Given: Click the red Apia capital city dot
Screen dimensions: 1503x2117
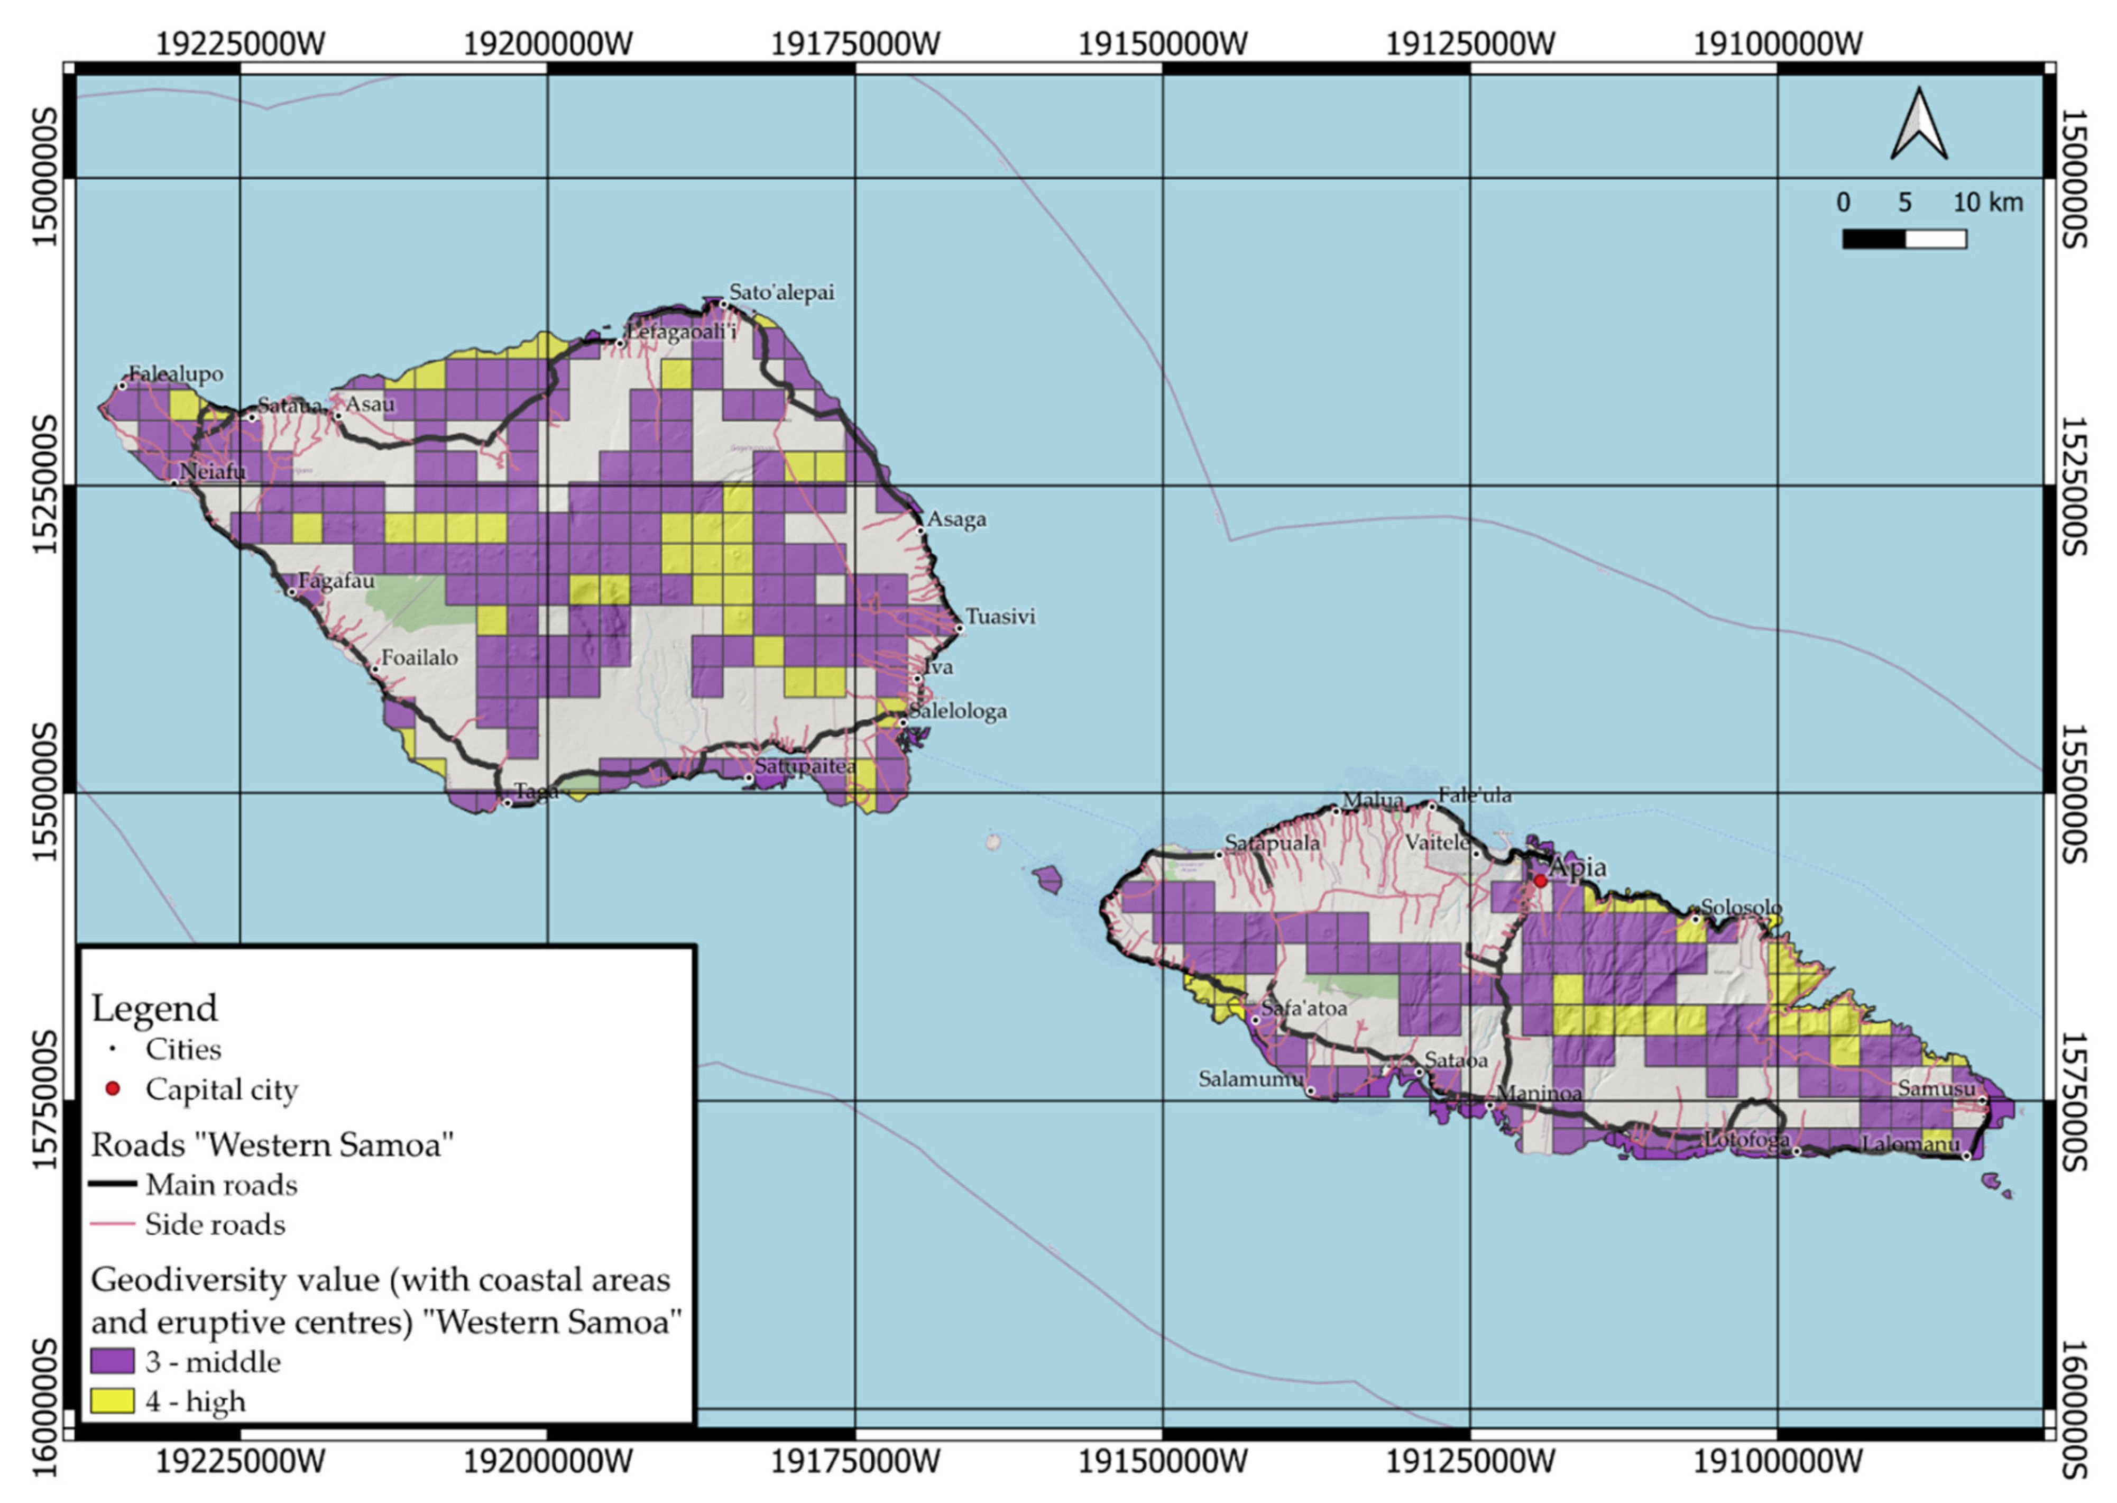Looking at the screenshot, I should click(x=1540, y=881).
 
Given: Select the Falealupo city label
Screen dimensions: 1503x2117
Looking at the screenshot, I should click(x=176, y=374).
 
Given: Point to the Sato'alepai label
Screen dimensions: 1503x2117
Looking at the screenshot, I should click(x=782, y=292).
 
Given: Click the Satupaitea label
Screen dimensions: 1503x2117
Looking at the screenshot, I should click(x=804, y=766).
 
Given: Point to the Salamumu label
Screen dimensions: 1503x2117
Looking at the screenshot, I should click(x=1251, y=1079).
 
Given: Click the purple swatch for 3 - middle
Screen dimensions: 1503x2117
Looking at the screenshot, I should click(x=112, y=1361).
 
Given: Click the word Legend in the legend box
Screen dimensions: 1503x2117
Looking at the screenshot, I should click(x=154, y=1008).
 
